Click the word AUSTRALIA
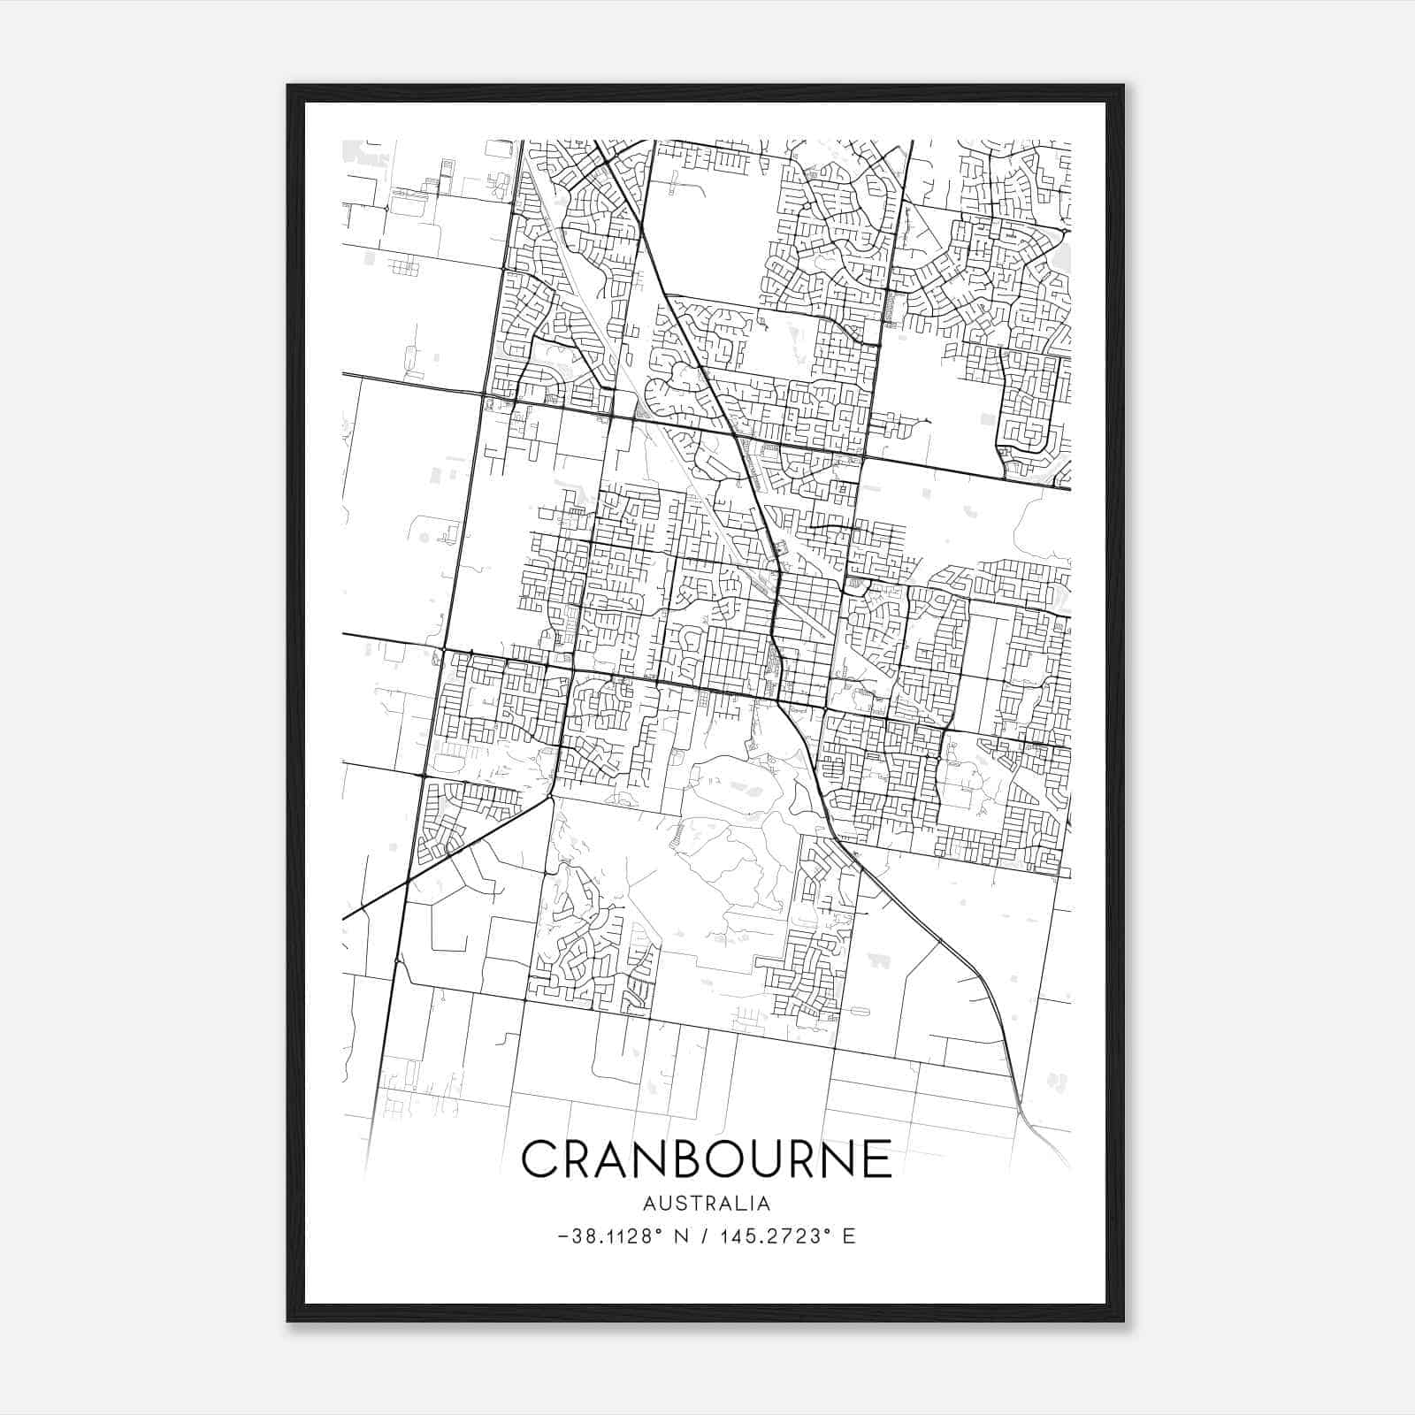pos(707,1204)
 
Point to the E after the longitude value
pos(849,1236)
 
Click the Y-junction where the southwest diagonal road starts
pos(550,798)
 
